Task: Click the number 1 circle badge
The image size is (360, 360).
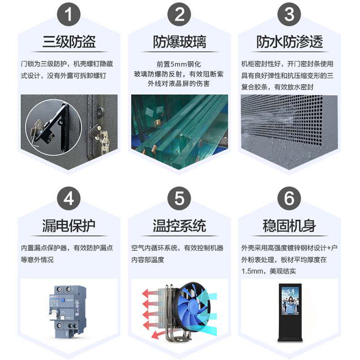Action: (69, 15)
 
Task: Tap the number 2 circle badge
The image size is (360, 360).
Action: (179, 15)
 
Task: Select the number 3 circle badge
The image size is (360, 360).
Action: (289, 15)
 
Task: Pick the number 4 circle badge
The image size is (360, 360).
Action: (69, 199)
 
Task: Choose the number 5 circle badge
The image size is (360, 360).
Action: (179, 199)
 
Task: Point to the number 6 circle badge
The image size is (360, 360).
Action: (289, 199)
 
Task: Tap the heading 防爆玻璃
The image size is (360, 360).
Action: (179, 42)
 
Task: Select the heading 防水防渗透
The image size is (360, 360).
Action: (289, 42)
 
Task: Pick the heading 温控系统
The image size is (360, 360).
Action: (179, 225)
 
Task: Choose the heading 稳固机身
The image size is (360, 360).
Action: (289, 225)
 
